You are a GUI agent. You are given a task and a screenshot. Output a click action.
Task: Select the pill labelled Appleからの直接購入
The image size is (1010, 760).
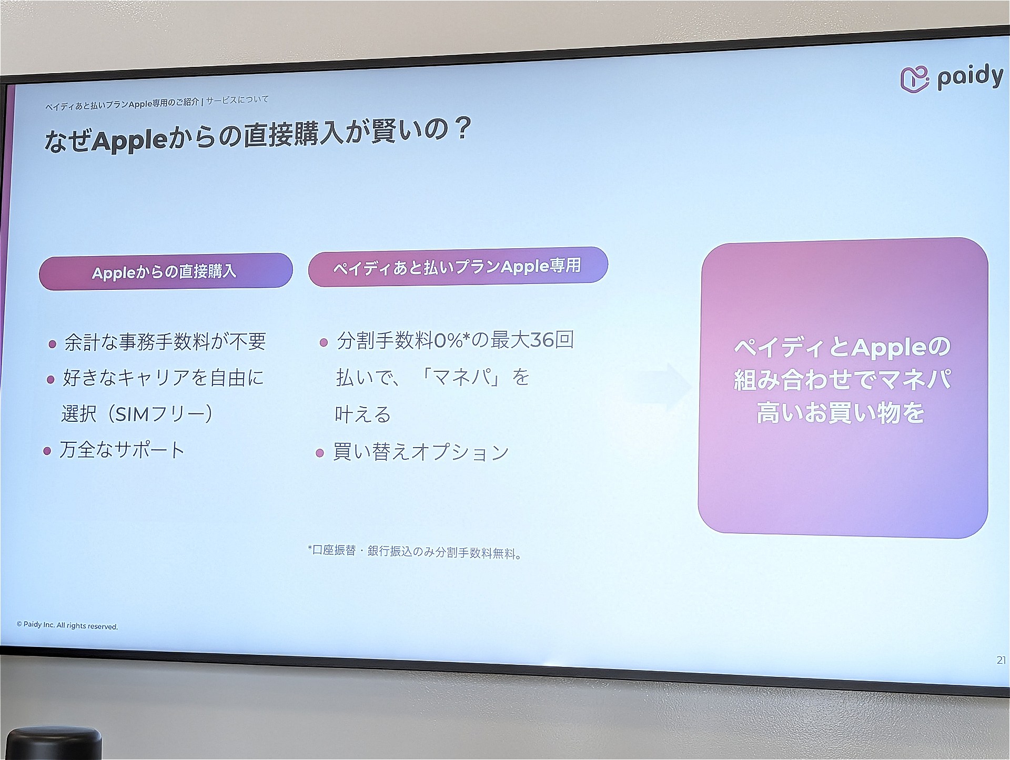pyautogui.click(x=166, y=271)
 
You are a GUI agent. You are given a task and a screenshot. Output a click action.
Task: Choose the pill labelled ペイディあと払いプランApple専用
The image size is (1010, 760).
pyautogui.click(x=458, y=266)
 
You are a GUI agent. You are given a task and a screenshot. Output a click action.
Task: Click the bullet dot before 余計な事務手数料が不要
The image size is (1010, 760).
pyautogui.click(x=53, y=345)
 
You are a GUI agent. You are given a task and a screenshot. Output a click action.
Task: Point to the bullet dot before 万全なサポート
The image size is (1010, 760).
pyautogui.click(x=47, y=451)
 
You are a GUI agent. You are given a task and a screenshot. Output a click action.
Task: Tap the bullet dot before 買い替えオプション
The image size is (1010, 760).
pyautogui.click(x=319, y=453)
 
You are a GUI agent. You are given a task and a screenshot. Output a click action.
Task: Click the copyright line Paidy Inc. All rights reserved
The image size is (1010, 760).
pyautogui.click(x=67, y=625)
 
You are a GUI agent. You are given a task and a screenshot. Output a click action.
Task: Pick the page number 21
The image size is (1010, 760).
pyautogui.click(x=1001, y=660)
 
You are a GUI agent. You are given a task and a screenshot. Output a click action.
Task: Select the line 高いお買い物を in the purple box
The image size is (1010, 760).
pyautogui.click(x=840, y=413)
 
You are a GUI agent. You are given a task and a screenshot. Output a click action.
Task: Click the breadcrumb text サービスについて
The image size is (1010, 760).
pyautogui.click(x=237, y=100)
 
